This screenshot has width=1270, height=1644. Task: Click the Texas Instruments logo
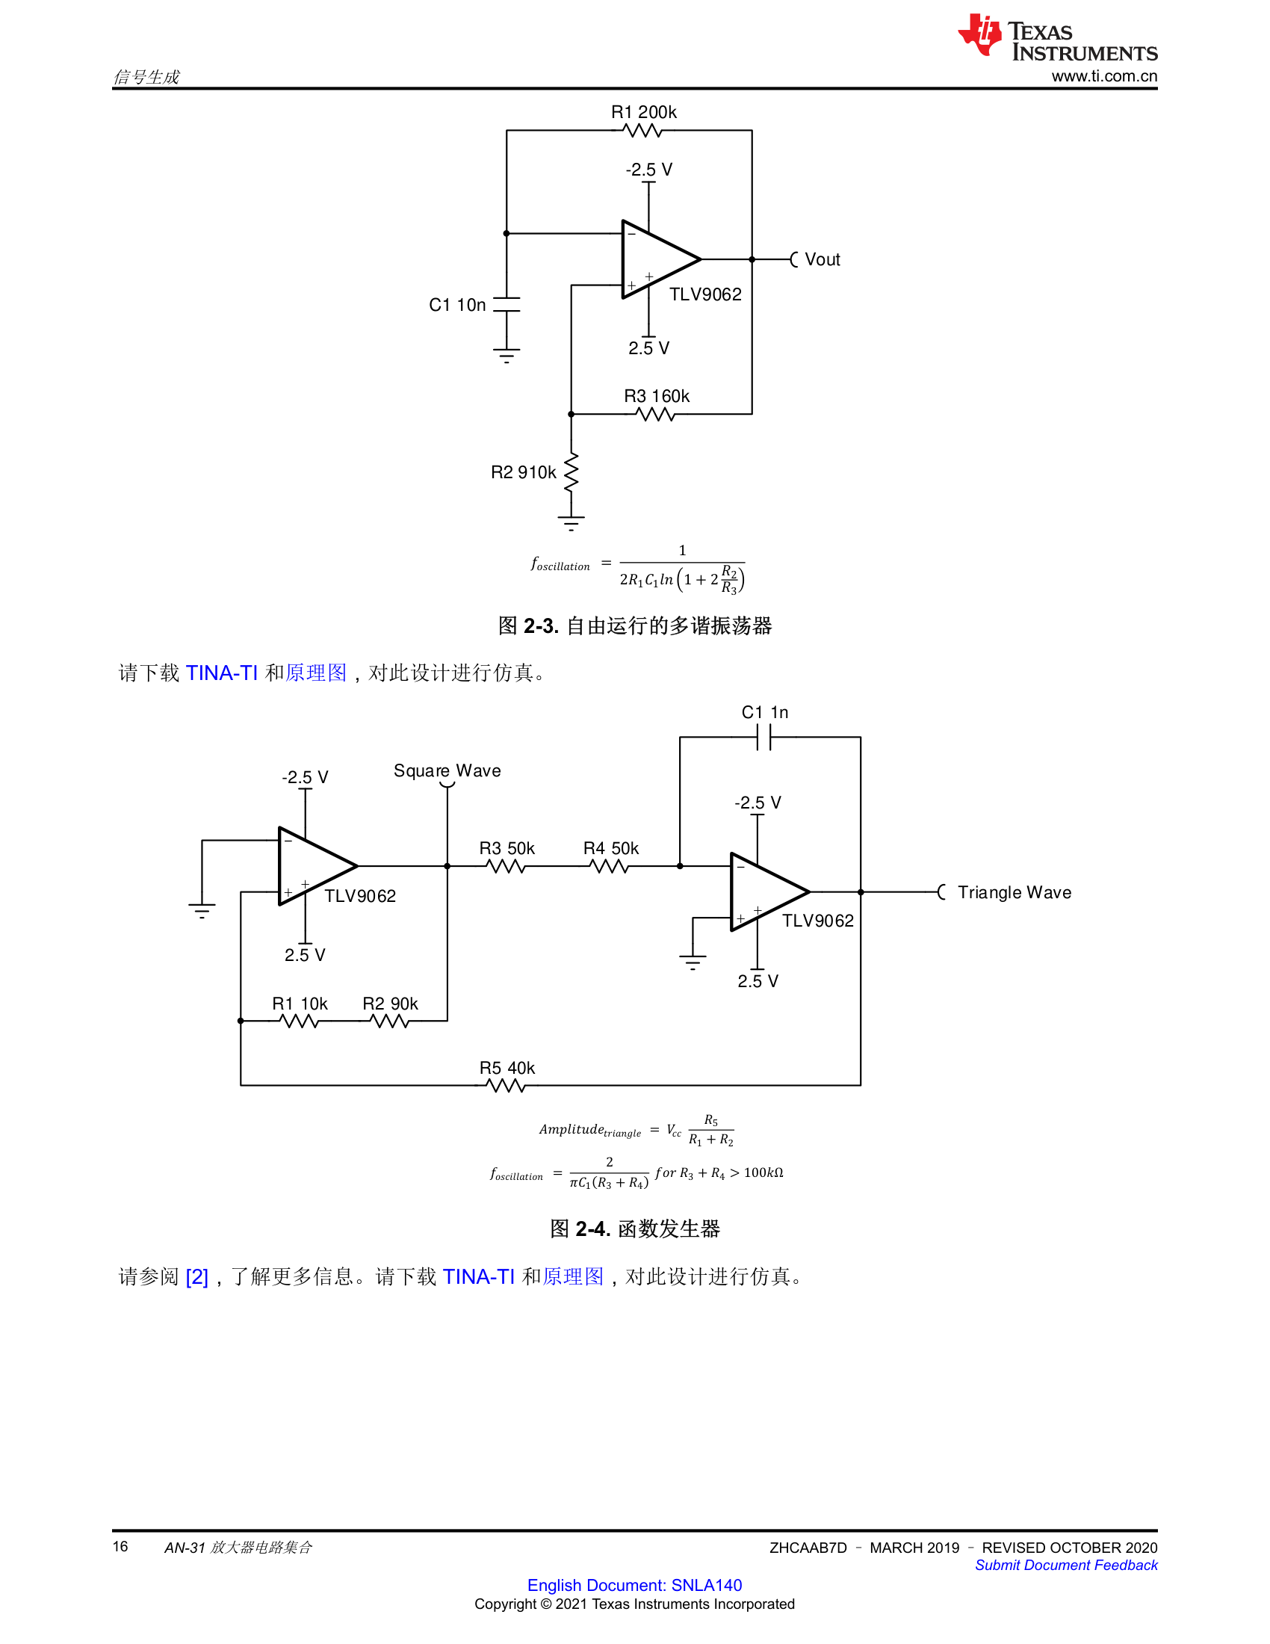point(1057,36)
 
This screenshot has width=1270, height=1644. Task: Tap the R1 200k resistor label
point(643,112)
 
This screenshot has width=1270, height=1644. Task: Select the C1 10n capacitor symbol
point(507,304)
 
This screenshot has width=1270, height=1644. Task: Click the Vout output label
point(823,260)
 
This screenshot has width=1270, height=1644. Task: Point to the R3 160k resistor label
point(656,396)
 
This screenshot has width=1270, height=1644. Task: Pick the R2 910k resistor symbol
point(571,472)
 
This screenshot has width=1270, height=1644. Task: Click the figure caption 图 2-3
point(635,625)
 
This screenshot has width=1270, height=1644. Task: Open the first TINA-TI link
point(221,673)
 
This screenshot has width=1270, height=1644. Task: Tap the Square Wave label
point(447,771)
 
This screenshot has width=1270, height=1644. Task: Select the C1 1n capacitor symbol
point(764,738)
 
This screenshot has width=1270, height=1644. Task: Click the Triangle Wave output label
point(1015,892)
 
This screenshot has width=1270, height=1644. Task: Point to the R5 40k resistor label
point(507,1067)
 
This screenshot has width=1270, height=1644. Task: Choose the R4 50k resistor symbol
point(610,866)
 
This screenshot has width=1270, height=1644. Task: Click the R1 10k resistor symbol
point(299,1021)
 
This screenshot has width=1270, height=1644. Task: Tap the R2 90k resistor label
point(390,1004)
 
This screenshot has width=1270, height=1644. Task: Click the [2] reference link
point(196,1276)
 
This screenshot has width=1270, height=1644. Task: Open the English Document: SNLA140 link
point(634,1584)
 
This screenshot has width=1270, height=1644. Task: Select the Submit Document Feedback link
point(1066,1565)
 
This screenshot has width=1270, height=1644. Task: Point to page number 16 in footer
point(120,1546)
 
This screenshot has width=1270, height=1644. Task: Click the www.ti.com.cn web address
point(1104,76)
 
